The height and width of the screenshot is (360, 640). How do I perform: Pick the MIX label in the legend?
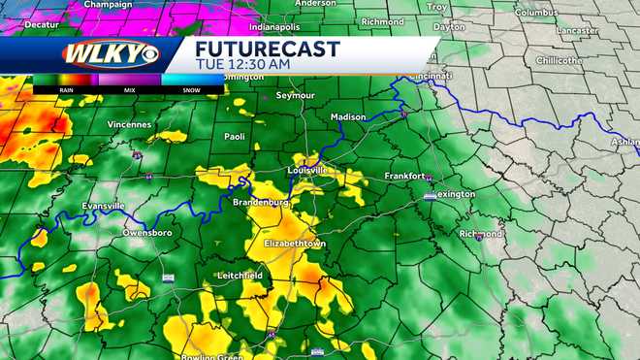tap(128, 90)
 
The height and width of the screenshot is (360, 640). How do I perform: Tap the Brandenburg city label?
tap(260, 201)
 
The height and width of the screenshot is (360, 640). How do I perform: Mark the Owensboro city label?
tap(147, 233)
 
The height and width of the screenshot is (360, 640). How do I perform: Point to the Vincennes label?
tap(131, 124)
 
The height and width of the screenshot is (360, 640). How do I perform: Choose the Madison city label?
tap(348, 116)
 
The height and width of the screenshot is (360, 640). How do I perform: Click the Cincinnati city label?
tap(431, 76)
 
